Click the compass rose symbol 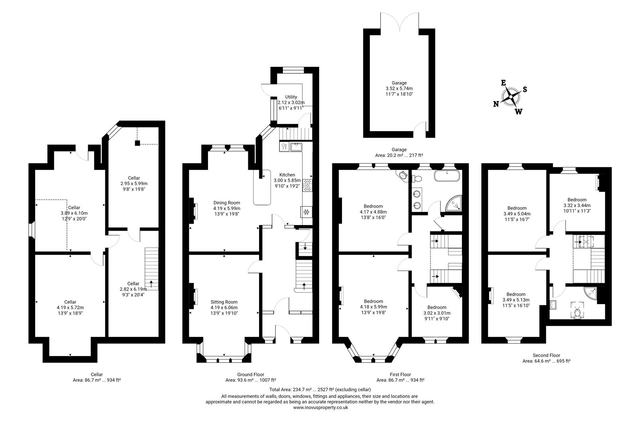tap(510, 97)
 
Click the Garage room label tap(399, 89)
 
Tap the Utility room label tap(291, 102)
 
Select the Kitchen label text tap(287, 180)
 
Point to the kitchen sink tap(296, 147)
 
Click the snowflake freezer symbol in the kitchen tap(307, 212)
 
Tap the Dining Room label tap(226, 208)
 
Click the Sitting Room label tap(224, 308)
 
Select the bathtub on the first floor tap(447, 176)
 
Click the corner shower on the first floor tap(455, 203)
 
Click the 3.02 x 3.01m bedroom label tap(437, 313)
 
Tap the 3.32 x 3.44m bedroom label tap(577, 205)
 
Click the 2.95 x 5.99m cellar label tap(134, 184)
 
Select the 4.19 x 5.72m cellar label tap(70, 308)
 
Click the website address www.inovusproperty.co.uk tap(320, 408)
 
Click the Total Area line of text tap(320, 389)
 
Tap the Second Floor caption tap(546, 355)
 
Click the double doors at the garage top tap(400, 22)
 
